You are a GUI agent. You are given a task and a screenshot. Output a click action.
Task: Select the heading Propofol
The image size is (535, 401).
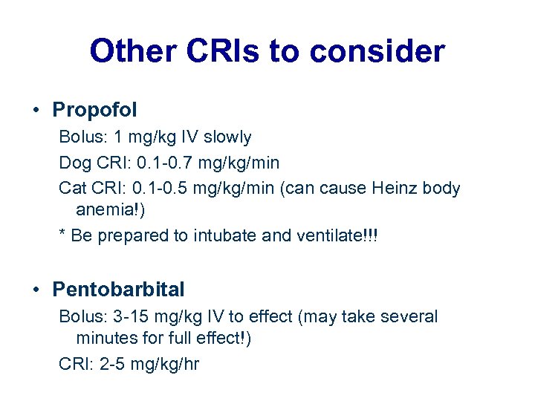pyautogui.click(x=94, y=111)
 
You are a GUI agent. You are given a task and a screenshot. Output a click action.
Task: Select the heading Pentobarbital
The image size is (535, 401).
pyautogui.click(x=118, y=289)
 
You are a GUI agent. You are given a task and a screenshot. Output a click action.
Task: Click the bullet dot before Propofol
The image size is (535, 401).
pyautogui.click(x=36, y=111)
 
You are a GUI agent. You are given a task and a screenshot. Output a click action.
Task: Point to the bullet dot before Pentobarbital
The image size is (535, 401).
pyautogui.click(x=36, y=290)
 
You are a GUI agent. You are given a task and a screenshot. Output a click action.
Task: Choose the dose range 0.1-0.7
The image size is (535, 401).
pyautogui.click(x=162, y=163)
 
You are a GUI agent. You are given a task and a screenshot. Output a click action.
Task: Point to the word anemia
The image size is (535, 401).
pyautogui.click(x=109, y=210)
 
